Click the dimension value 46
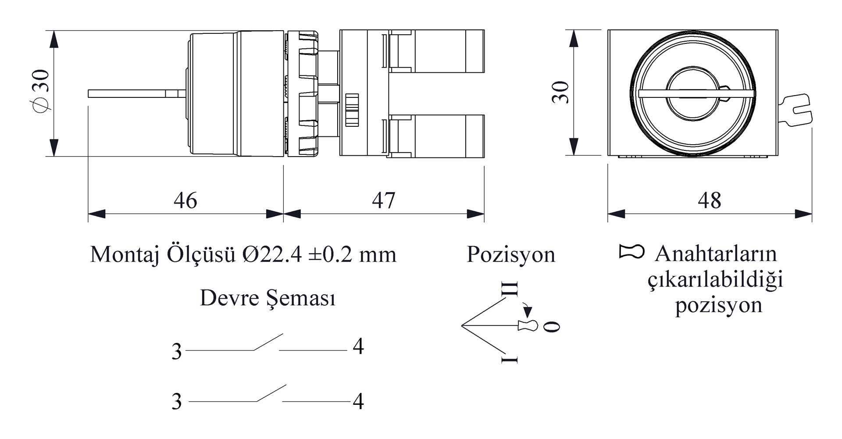[185, 200]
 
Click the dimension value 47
[383, 200]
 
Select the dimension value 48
[709, 200]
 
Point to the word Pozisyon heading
[511, 254]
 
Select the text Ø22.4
[272, 254]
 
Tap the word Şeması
[301, 299]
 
